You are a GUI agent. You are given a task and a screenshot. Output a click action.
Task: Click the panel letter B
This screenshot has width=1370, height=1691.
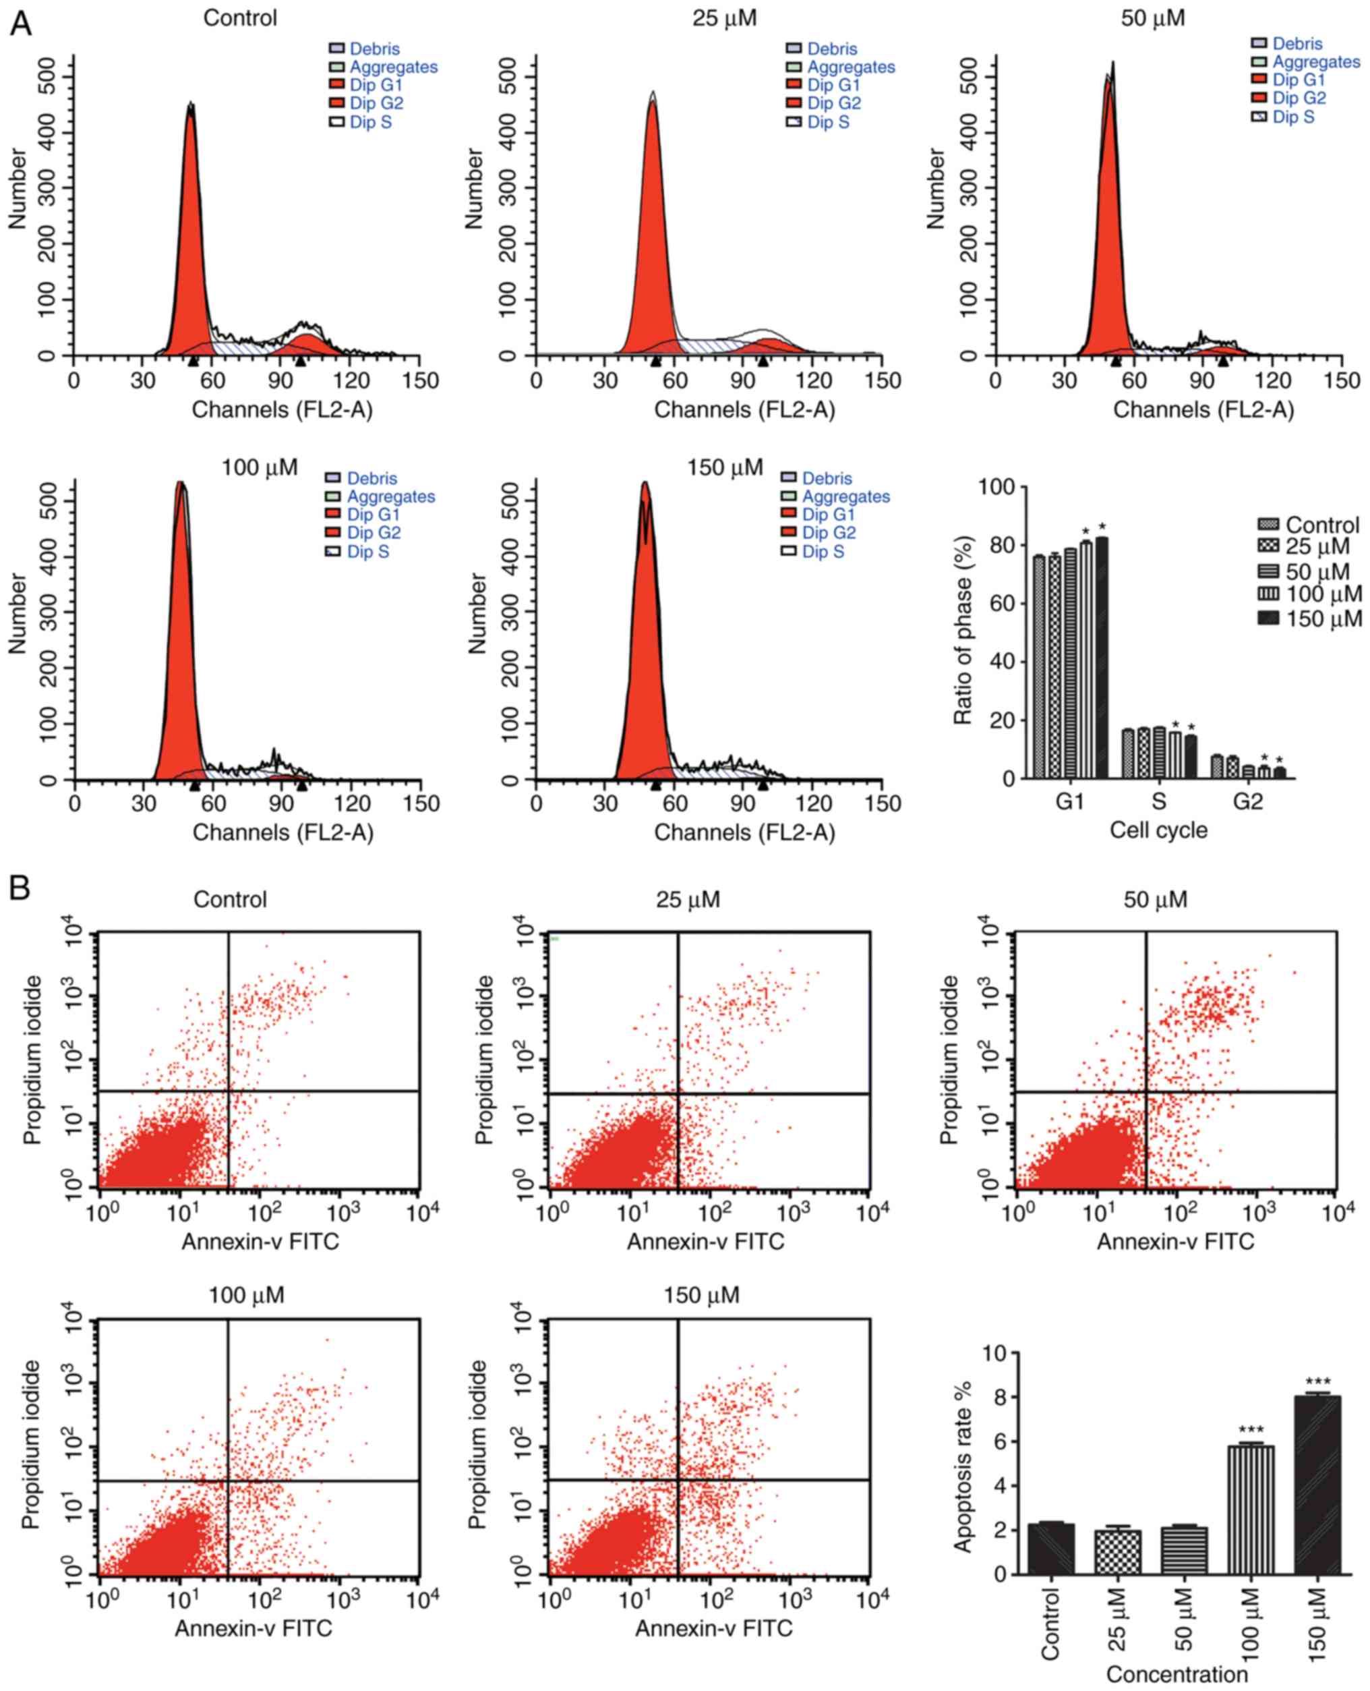20,888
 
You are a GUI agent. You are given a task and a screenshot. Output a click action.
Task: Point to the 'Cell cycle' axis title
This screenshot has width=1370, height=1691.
1158,830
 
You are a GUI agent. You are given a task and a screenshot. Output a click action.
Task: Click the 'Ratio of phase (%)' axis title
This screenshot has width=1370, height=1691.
963,631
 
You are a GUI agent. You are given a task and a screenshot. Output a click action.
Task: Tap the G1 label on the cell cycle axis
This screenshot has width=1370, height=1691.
1069,801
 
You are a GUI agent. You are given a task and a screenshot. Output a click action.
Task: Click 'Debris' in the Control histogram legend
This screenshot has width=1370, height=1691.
375,49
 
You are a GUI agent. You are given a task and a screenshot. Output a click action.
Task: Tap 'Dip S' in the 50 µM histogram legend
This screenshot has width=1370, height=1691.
1292,117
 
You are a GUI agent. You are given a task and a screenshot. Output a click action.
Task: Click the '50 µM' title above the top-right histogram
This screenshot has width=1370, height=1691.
1153,18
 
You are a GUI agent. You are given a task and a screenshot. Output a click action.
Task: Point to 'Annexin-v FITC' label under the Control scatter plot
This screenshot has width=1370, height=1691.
260,1240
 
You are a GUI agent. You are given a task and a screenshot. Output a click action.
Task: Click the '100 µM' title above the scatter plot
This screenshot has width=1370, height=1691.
246,1296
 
